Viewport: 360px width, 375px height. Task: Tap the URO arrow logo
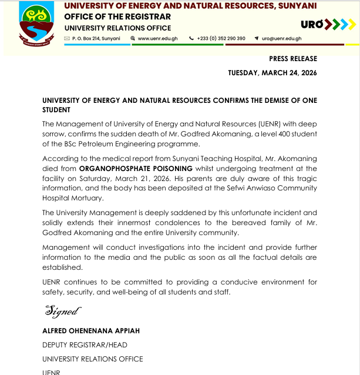[x=327, y=24]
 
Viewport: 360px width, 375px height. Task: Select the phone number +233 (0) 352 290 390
[x=221, y=38]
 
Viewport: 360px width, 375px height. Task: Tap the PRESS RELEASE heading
[x=292, y=59]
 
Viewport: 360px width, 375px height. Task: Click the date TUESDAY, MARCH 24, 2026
[x=272, y=73]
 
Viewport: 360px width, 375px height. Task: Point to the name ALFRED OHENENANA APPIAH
[x=90, y=331]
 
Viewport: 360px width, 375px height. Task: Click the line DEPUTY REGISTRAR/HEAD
[x=85, y=345]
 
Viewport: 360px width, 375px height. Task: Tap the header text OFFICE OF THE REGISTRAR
[x=112, y=16]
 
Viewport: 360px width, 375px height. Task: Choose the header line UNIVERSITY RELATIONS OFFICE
[x=117, y=28]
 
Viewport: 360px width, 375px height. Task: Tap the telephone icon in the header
[x=191, y=38]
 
